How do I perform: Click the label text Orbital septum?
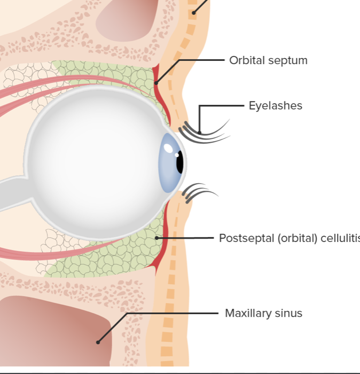(x=268, y=60)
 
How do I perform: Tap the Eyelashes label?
(x=275, y=106)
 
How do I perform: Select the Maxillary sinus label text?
(x=263, y=313)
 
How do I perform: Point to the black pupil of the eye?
(x=180, y=162)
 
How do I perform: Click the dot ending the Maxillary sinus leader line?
(x=98, y=342)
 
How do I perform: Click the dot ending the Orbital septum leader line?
(x=156, y=83)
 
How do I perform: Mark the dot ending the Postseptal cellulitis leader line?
(x=156, y=238)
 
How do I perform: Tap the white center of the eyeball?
(x=91, y=160)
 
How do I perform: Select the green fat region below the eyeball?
(x=107, y=262)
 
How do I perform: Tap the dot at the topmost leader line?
(x=194, y=12)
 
